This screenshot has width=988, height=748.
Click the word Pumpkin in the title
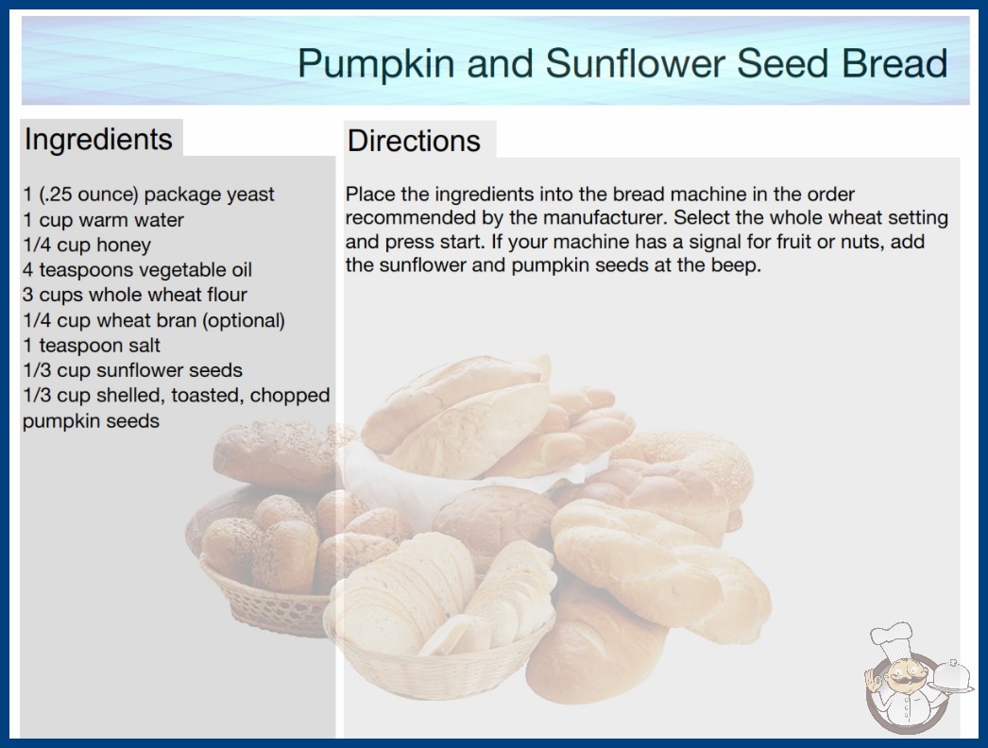coord(376,63)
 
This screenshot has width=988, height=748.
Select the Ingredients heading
coord(98,140)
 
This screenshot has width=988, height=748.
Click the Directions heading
coord(414,141)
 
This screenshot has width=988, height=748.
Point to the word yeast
coord(250,195)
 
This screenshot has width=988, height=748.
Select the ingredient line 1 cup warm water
coord(103,220)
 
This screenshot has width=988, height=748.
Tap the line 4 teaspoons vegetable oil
coord(137,270)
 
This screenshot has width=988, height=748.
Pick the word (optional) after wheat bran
coord(243,321)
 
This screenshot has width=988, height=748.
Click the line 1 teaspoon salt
coord(92,346)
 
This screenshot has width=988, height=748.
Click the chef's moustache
coord(902,681)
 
